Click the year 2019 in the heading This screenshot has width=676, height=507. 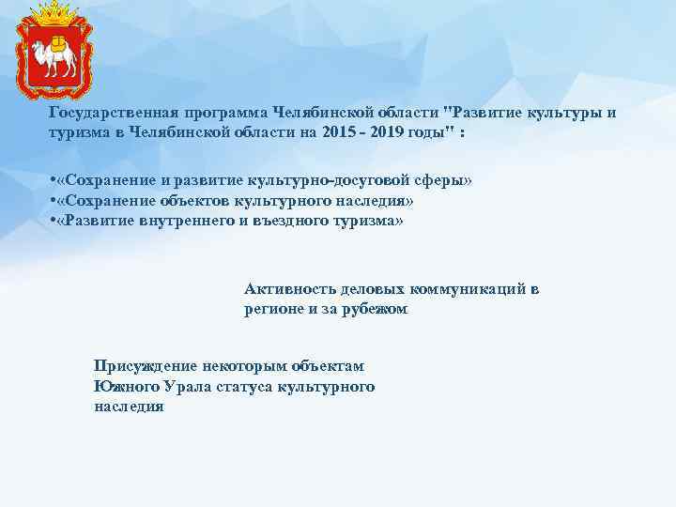tap(394, 132)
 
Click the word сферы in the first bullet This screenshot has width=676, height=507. tap(438, 179)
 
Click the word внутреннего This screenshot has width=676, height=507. tap(193, 221)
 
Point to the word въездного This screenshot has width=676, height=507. tap(300, 221)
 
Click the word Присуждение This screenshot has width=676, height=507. tap(145, 366)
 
